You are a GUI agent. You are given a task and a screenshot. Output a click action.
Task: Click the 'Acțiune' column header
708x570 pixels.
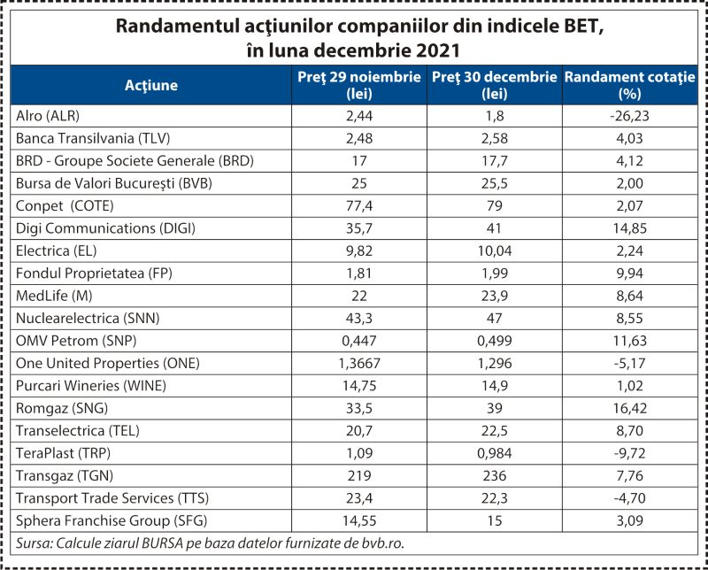coord(151,85)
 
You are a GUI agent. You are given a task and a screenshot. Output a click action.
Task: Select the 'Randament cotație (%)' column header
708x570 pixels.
coord(630,85)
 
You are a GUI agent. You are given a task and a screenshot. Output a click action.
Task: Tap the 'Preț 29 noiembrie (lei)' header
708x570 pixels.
coord(359,85)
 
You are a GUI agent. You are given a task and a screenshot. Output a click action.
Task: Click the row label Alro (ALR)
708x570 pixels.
coord(48,116)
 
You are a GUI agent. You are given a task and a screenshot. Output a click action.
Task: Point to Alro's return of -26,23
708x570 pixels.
coord(629,116)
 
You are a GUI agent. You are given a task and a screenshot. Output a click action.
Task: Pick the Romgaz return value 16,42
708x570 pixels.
coord(630,408)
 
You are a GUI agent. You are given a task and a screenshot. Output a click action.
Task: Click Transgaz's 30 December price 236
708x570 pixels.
coord(495,475)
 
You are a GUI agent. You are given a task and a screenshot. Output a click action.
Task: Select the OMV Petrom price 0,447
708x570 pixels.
coord(359,341)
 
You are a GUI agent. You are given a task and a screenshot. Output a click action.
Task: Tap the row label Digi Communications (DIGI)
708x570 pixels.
coord(105,228)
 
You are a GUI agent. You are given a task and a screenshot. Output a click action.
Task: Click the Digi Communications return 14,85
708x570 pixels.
coord(630,228)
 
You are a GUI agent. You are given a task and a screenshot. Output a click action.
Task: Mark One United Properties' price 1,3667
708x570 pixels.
coord(359,364)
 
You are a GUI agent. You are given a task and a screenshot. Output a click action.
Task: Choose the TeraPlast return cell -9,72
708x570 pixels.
coord(630,453)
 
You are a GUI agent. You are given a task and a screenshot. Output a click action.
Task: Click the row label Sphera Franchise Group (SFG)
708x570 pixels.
coord(112,520)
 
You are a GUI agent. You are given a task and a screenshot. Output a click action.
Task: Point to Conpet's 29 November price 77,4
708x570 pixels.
coord(359,206)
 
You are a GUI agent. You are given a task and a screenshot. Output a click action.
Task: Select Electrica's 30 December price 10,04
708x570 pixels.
coord(495,251)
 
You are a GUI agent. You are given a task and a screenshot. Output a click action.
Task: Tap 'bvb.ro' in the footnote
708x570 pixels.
coord(382,543)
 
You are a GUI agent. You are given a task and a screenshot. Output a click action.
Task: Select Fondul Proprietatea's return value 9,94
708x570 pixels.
coord(630,273)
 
